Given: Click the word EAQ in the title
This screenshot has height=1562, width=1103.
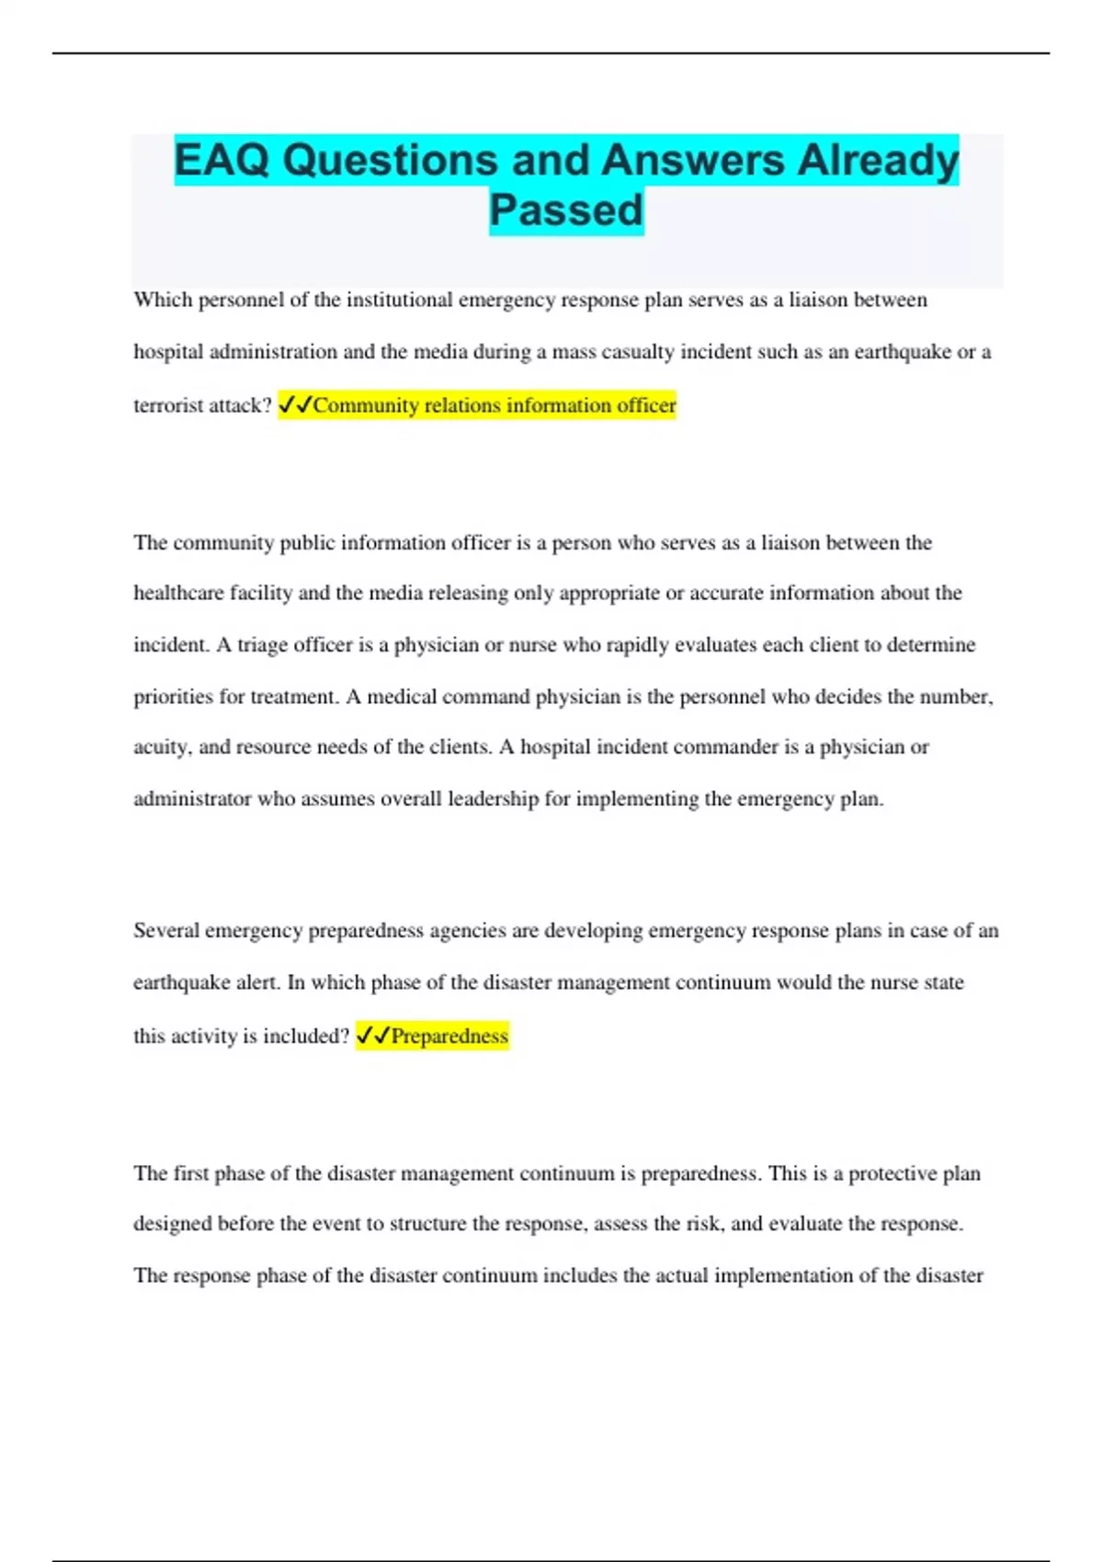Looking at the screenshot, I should (x=222, y=160).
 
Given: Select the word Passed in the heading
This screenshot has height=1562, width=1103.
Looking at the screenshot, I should (x=566, y=210).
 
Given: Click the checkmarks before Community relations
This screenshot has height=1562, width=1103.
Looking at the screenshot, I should (x=295, y=405).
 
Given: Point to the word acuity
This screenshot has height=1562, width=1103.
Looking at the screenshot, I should (x=162, y=747).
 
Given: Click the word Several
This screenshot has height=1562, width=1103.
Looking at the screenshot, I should (x=165, y=931).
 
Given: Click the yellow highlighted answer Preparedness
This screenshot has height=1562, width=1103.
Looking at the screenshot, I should (x=449, y=1036).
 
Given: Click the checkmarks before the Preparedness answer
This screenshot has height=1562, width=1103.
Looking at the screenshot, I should (x=372, y=1036).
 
